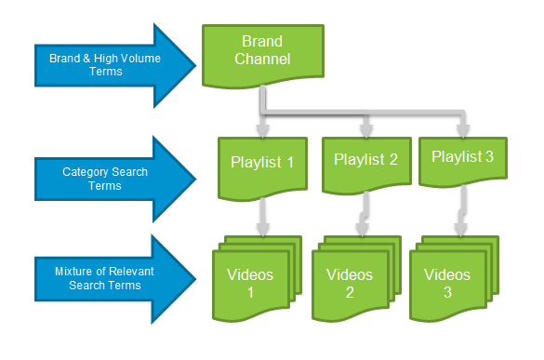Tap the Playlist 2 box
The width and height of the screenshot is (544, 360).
pyautogui.click(x=365, y=163)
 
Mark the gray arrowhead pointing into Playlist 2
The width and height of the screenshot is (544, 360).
pyautogui.click(x=365, y=127)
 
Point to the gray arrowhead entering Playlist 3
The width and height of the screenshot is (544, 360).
pyautogui.click(x=463, y=127)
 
